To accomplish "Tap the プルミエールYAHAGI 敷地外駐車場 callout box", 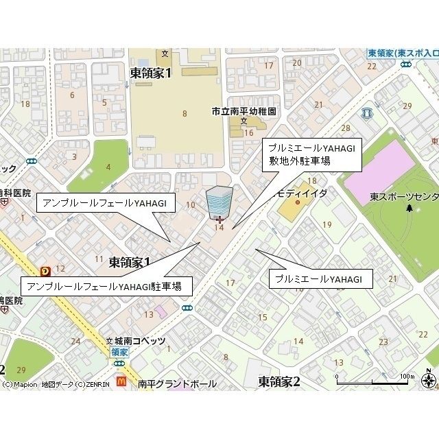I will click(x=311, y=154).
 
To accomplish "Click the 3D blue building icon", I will click(x=219, y=199).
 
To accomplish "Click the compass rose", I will click(x=429, y=379).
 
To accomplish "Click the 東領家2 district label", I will click(x=279, y=381).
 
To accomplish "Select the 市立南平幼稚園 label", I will click(x=244, y=111).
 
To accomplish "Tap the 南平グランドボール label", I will click(x=176, y=384).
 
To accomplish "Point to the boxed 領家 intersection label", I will click(x=119, y=351).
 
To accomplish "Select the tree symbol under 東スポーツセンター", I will click(x=410, y=207).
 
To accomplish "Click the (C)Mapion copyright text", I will click(x=20, y=385).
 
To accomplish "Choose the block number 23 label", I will click(x=383, y=342).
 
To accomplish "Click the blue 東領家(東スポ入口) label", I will click(x=403, y=54).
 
